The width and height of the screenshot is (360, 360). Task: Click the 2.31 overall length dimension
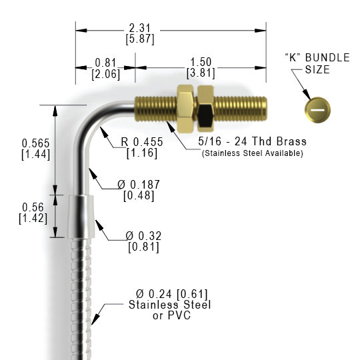click(139, 28)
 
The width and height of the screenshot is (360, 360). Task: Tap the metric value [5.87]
click(140, 39)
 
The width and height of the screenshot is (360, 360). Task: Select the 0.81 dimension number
click(105, 63)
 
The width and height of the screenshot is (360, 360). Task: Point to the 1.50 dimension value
click(201, 62)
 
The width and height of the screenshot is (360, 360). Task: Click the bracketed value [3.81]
click(201, 73)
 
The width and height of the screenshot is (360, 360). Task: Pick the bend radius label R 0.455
click(142, 142)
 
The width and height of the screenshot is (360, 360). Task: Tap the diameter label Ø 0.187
click(139, 185)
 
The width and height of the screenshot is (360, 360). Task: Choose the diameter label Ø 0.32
click(143, 236)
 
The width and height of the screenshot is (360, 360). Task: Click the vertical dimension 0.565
click(35, 143)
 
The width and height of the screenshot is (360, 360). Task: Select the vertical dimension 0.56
click(33, 207)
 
